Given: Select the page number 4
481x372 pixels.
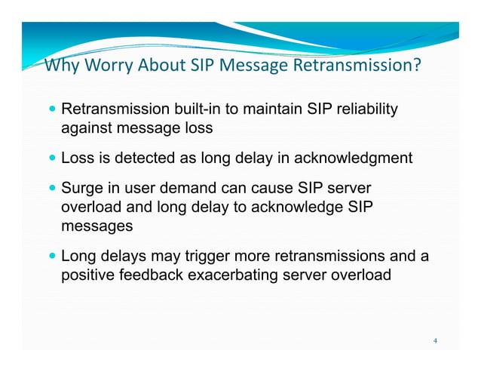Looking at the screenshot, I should click(x=435, y=340).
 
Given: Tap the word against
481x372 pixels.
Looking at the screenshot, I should click(x=86, y=129).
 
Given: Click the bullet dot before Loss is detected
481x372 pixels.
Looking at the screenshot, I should click(x=51, y=158).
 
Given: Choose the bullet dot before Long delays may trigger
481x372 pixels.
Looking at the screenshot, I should click(x=51, y=256).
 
